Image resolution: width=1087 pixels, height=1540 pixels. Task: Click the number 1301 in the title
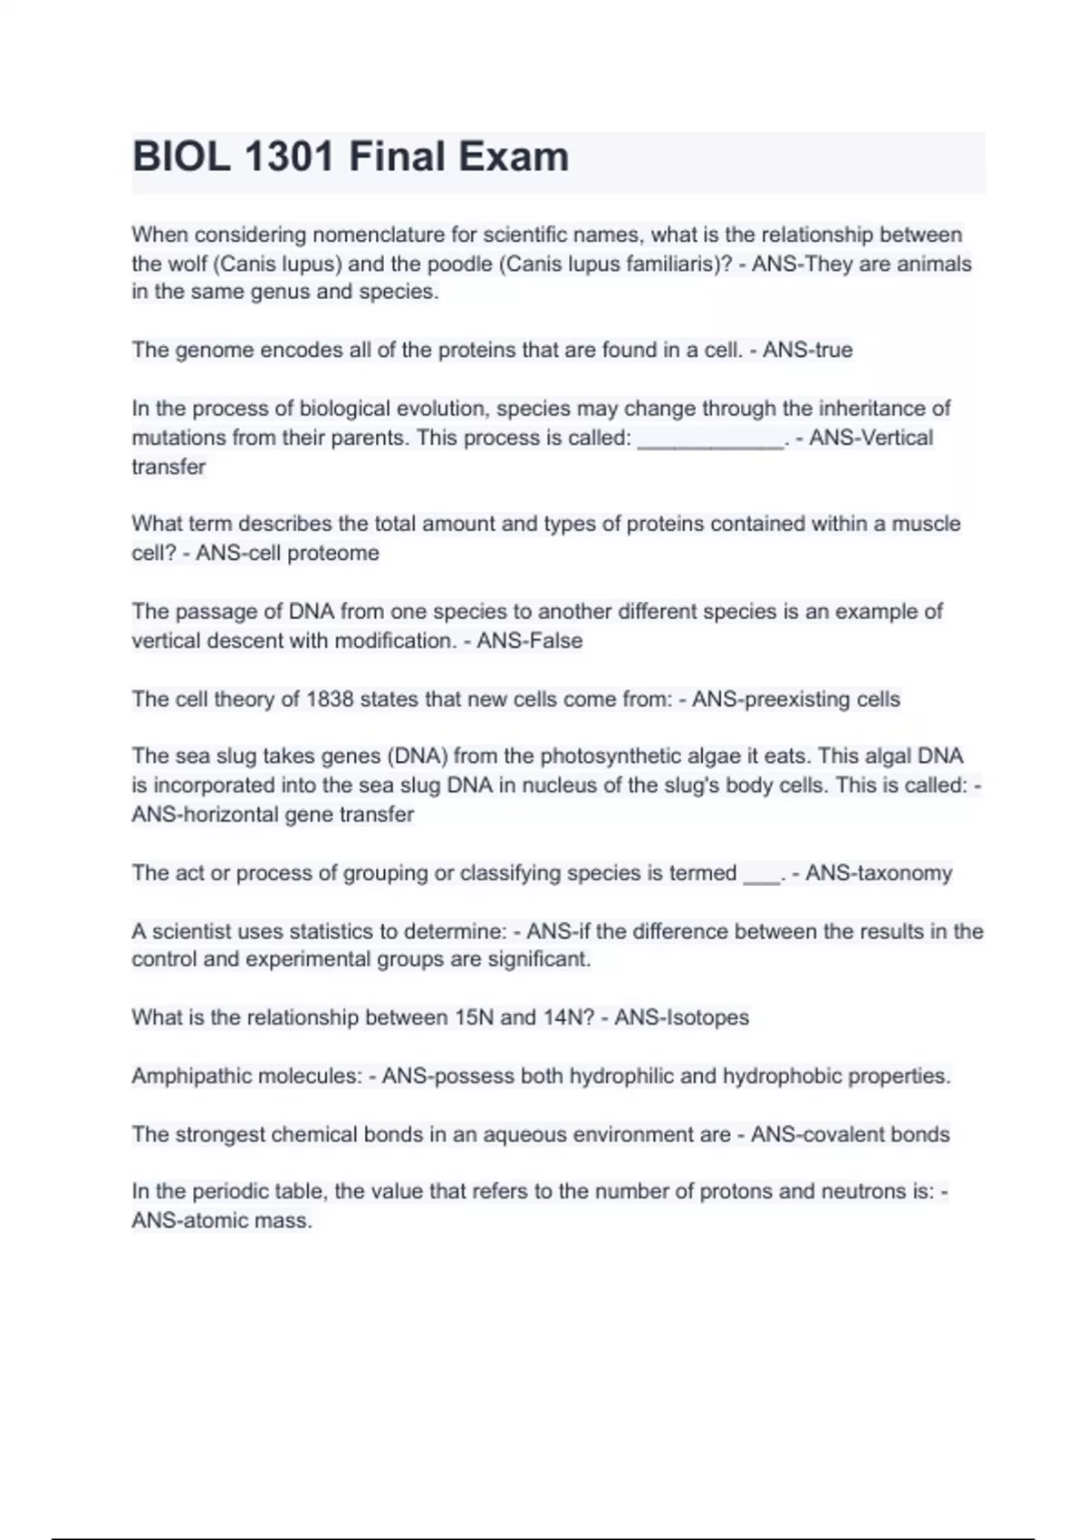tap(289, 157)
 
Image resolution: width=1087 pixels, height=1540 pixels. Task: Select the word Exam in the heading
tap(513, 157)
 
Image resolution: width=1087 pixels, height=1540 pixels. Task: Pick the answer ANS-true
tap(807, 350)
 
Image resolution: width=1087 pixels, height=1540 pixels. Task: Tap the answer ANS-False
tap(529, 640)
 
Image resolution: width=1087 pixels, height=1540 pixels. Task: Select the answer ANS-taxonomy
tap(879, 873)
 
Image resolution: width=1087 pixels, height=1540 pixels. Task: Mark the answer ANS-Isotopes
tap(681, 1017)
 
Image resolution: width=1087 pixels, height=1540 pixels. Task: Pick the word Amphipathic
tap(188, 1076)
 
